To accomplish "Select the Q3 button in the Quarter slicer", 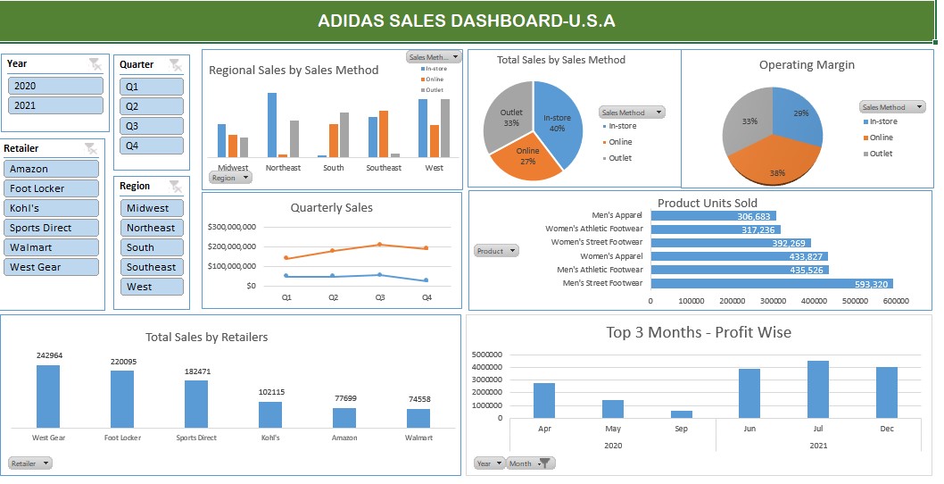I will tap(151, 126).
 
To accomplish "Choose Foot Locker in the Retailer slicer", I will tap(51, 188).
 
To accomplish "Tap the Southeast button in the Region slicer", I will tap(151, 267).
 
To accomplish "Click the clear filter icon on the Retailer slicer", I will tap(90, 148).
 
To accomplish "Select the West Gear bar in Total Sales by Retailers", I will tap(48, 396).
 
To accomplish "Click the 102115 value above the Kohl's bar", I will tap(270, 392).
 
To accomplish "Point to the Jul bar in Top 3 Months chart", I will tap(818, 389).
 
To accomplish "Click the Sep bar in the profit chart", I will tap(682, 413).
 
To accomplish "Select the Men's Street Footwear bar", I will tap(771, 283).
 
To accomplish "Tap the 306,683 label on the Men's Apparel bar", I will tap(756, 216).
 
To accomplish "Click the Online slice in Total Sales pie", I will tap(525, 157).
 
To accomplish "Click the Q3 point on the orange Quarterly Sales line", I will tap(379, 244).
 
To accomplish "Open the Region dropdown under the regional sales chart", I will tap(230, 178).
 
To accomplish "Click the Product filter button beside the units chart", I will tap(496, 251).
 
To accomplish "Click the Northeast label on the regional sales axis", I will tap(283, 168).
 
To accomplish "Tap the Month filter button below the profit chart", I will tap(530, 463).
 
